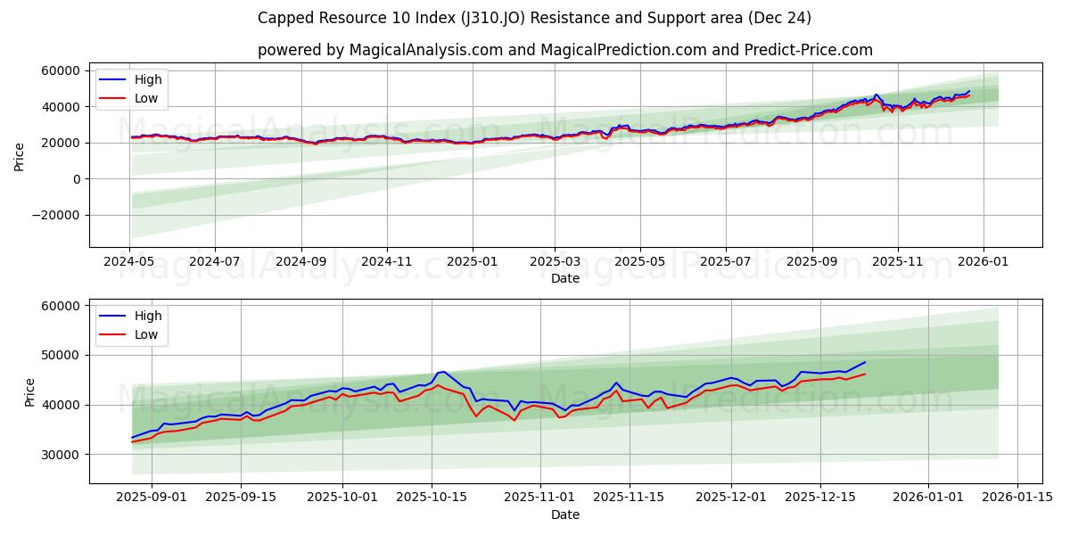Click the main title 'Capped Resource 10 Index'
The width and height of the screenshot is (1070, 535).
(534, 18)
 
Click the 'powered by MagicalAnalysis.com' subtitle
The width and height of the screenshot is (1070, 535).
(564, 50)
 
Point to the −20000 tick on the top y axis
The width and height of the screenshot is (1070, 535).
(55, 216)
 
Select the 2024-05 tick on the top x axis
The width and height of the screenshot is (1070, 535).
(129, 263)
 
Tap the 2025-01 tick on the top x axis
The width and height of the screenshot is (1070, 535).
(472, 263)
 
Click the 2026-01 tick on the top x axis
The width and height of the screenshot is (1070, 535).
(984, 263)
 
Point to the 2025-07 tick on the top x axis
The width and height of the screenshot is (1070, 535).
(725, 263)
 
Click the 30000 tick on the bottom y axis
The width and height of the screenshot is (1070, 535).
(61, 455)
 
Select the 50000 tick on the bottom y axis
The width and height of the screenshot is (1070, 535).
(61, 355)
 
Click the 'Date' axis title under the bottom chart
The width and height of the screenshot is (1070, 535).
(564, 514)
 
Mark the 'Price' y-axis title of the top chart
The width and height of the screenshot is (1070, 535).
(20, 156)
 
